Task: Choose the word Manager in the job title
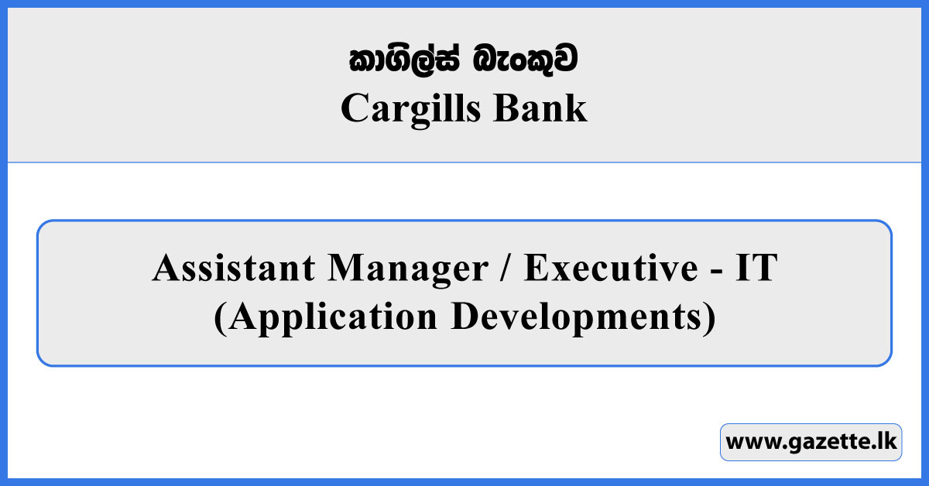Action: pyautogui.click(x=406, y=269)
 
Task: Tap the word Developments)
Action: pyautogui.click(x=584, y=318)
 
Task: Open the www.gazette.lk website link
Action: pyautogui.click(x=811, y=443)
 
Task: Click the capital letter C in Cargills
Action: pyautogui.click(x=352, y=109)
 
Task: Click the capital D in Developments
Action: pyautogui.click(x=464, y=317)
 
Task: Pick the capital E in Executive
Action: pyautogui.click(x=535, y=269)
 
